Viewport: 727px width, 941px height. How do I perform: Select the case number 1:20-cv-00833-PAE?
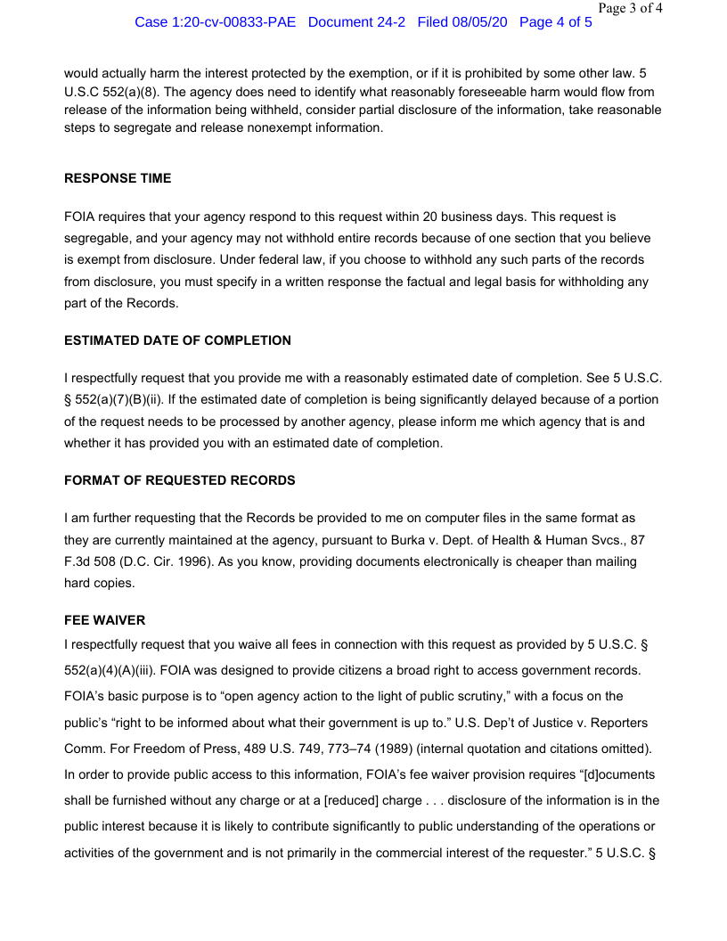[215, 22]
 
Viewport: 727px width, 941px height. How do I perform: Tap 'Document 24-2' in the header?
[356, 22]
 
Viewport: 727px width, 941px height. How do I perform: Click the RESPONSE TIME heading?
[118, 178]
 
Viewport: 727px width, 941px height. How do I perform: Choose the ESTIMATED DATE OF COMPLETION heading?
[177, 340]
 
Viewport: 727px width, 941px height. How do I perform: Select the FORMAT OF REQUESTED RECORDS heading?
[179, 480]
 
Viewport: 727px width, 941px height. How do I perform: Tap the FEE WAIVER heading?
[104, 620]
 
